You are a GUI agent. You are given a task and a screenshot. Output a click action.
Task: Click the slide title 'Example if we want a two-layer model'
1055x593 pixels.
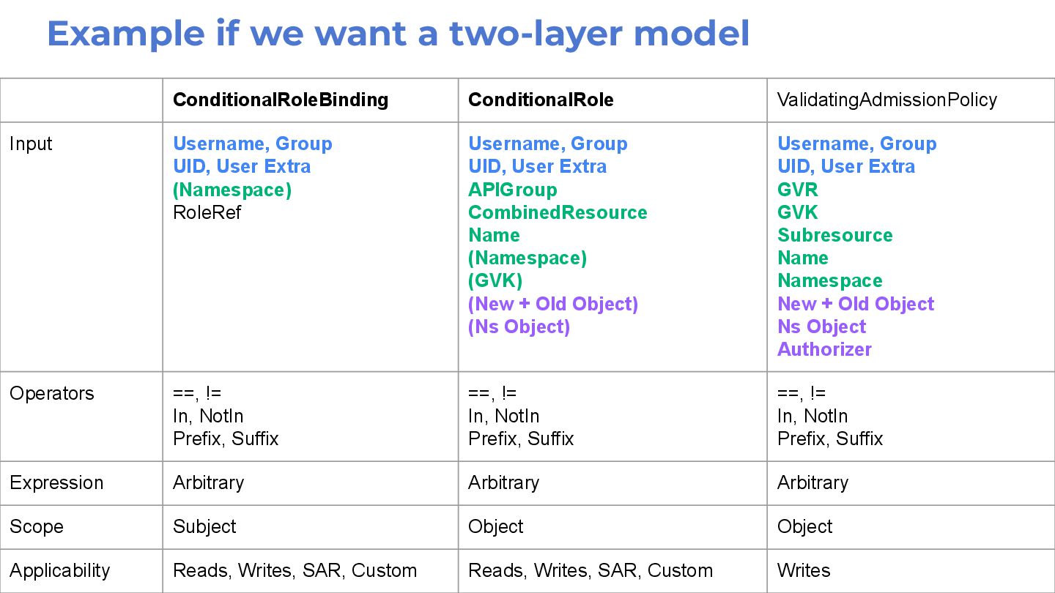(x=399, y=34)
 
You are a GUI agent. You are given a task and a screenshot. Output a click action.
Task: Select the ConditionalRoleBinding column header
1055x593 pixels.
(x=281, y=100)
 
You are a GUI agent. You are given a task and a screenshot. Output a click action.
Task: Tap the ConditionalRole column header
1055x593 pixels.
(x=541, y=100)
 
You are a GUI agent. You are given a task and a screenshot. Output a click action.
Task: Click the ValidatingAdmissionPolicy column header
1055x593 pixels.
(x=886, y=100)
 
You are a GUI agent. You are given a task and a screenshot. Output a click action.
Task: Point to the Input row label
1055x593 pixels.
(x=31, y=143)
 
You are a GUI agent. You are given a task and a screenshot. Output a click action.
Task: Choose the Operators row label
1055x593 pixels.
(x=52, y=393)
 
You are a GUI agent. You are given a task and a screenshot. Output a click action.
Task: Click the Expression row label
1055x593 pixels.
(x=56, y=482)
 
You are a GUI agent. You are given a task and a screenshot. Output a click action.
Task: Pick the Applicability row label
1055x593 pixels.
(x=60, y=570)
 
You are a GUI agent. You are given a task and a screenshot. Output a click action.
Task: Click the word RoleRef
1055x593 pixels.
(x=207, y=212)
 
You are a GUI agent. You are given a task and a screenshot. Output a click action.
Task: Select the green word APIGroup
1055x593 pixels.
(x=512, y=190)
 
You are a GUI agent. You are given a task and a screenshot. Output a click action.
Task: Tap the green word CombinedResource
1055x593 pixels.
(x=558, y=212)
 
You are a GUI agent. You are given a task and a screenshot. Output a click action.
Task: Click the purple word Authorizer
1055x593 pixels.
(x=824, y=349)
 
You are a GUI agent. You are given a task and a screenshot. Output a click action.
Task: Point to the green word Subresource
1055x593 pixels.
(x=834, y=235)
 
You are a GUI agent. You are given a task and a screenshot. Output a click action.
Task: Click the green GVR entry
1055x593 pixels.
(x=797, y=190)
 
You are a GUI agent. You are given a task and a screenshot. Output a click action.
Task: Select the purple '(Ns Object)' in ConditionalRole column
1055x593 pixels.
(x=519, y=327)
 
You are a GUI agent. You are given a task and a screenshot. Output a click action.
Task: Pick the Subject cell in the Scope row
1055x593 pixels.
(x=204, y=526)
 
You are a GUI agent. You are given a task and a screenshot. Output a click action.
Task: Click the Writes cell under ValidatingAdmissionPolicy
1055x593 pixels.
(x=804, y=570)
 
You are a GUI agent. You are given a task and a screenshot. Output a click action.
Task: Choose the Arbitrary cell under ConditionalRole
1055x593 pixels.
(x=503, y=482)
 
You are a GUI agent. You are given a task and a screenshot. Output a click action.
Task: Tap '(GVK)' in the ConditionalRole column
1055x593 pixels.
(x=495, y=280)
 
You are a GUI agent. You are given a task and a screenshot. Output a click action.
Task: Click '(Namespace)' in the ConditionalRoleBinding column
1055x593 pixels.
(x=232, y=190)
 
